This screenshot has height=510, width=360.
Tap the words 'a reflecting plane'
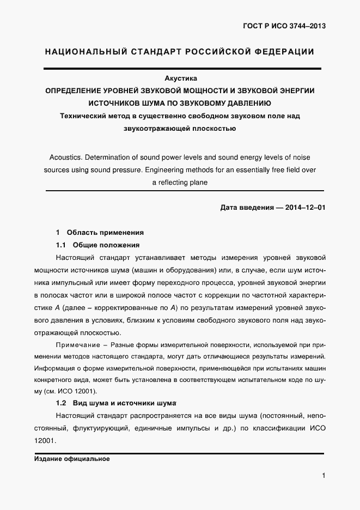tap(180, 183)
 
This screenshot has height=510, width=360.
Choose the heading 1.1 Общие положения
tap(98, 245)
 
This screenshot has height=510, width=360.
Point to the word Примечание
tap(74, 345)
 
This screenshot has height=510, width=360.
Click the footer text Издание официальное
tap(71, 459)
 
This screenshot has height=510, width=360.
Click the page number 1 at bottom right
tap(324, 476)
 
